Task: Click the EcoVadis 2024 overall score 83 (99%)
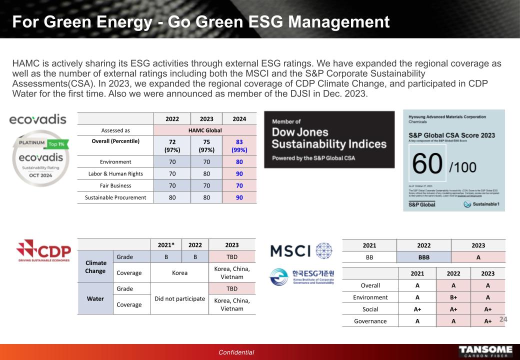(x=239, y=145)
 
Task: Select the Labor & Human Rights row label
(x=115, y=173)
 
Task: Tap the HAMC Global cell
(x=205, y=130)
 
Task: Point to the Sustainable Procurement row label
(x=115, y=197)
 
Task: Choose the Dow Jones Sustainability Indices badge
(x=328, y=139)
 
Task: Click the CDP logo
(x=44, y=250)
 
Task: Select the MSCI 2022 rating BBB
(x=423, y=257)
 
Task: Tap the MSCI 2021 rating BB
(x=369, y=257)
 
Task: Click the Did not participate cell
(x=179, y=298)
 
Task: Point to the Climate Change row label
(x=96, y=266)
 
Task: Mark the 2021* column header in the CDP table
(x=166, y=245)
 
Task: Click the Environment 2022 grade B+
(x=453, y=297)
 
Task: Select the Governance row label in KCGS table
(x=370, y=321)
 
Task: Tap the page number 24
(x=503, y=319)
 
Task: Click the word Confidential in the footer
(x=236, y=352)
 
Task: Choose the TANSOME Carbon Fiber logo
(x=485, y=351)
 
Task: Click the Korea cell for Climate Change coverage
(x=179, y=273)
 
